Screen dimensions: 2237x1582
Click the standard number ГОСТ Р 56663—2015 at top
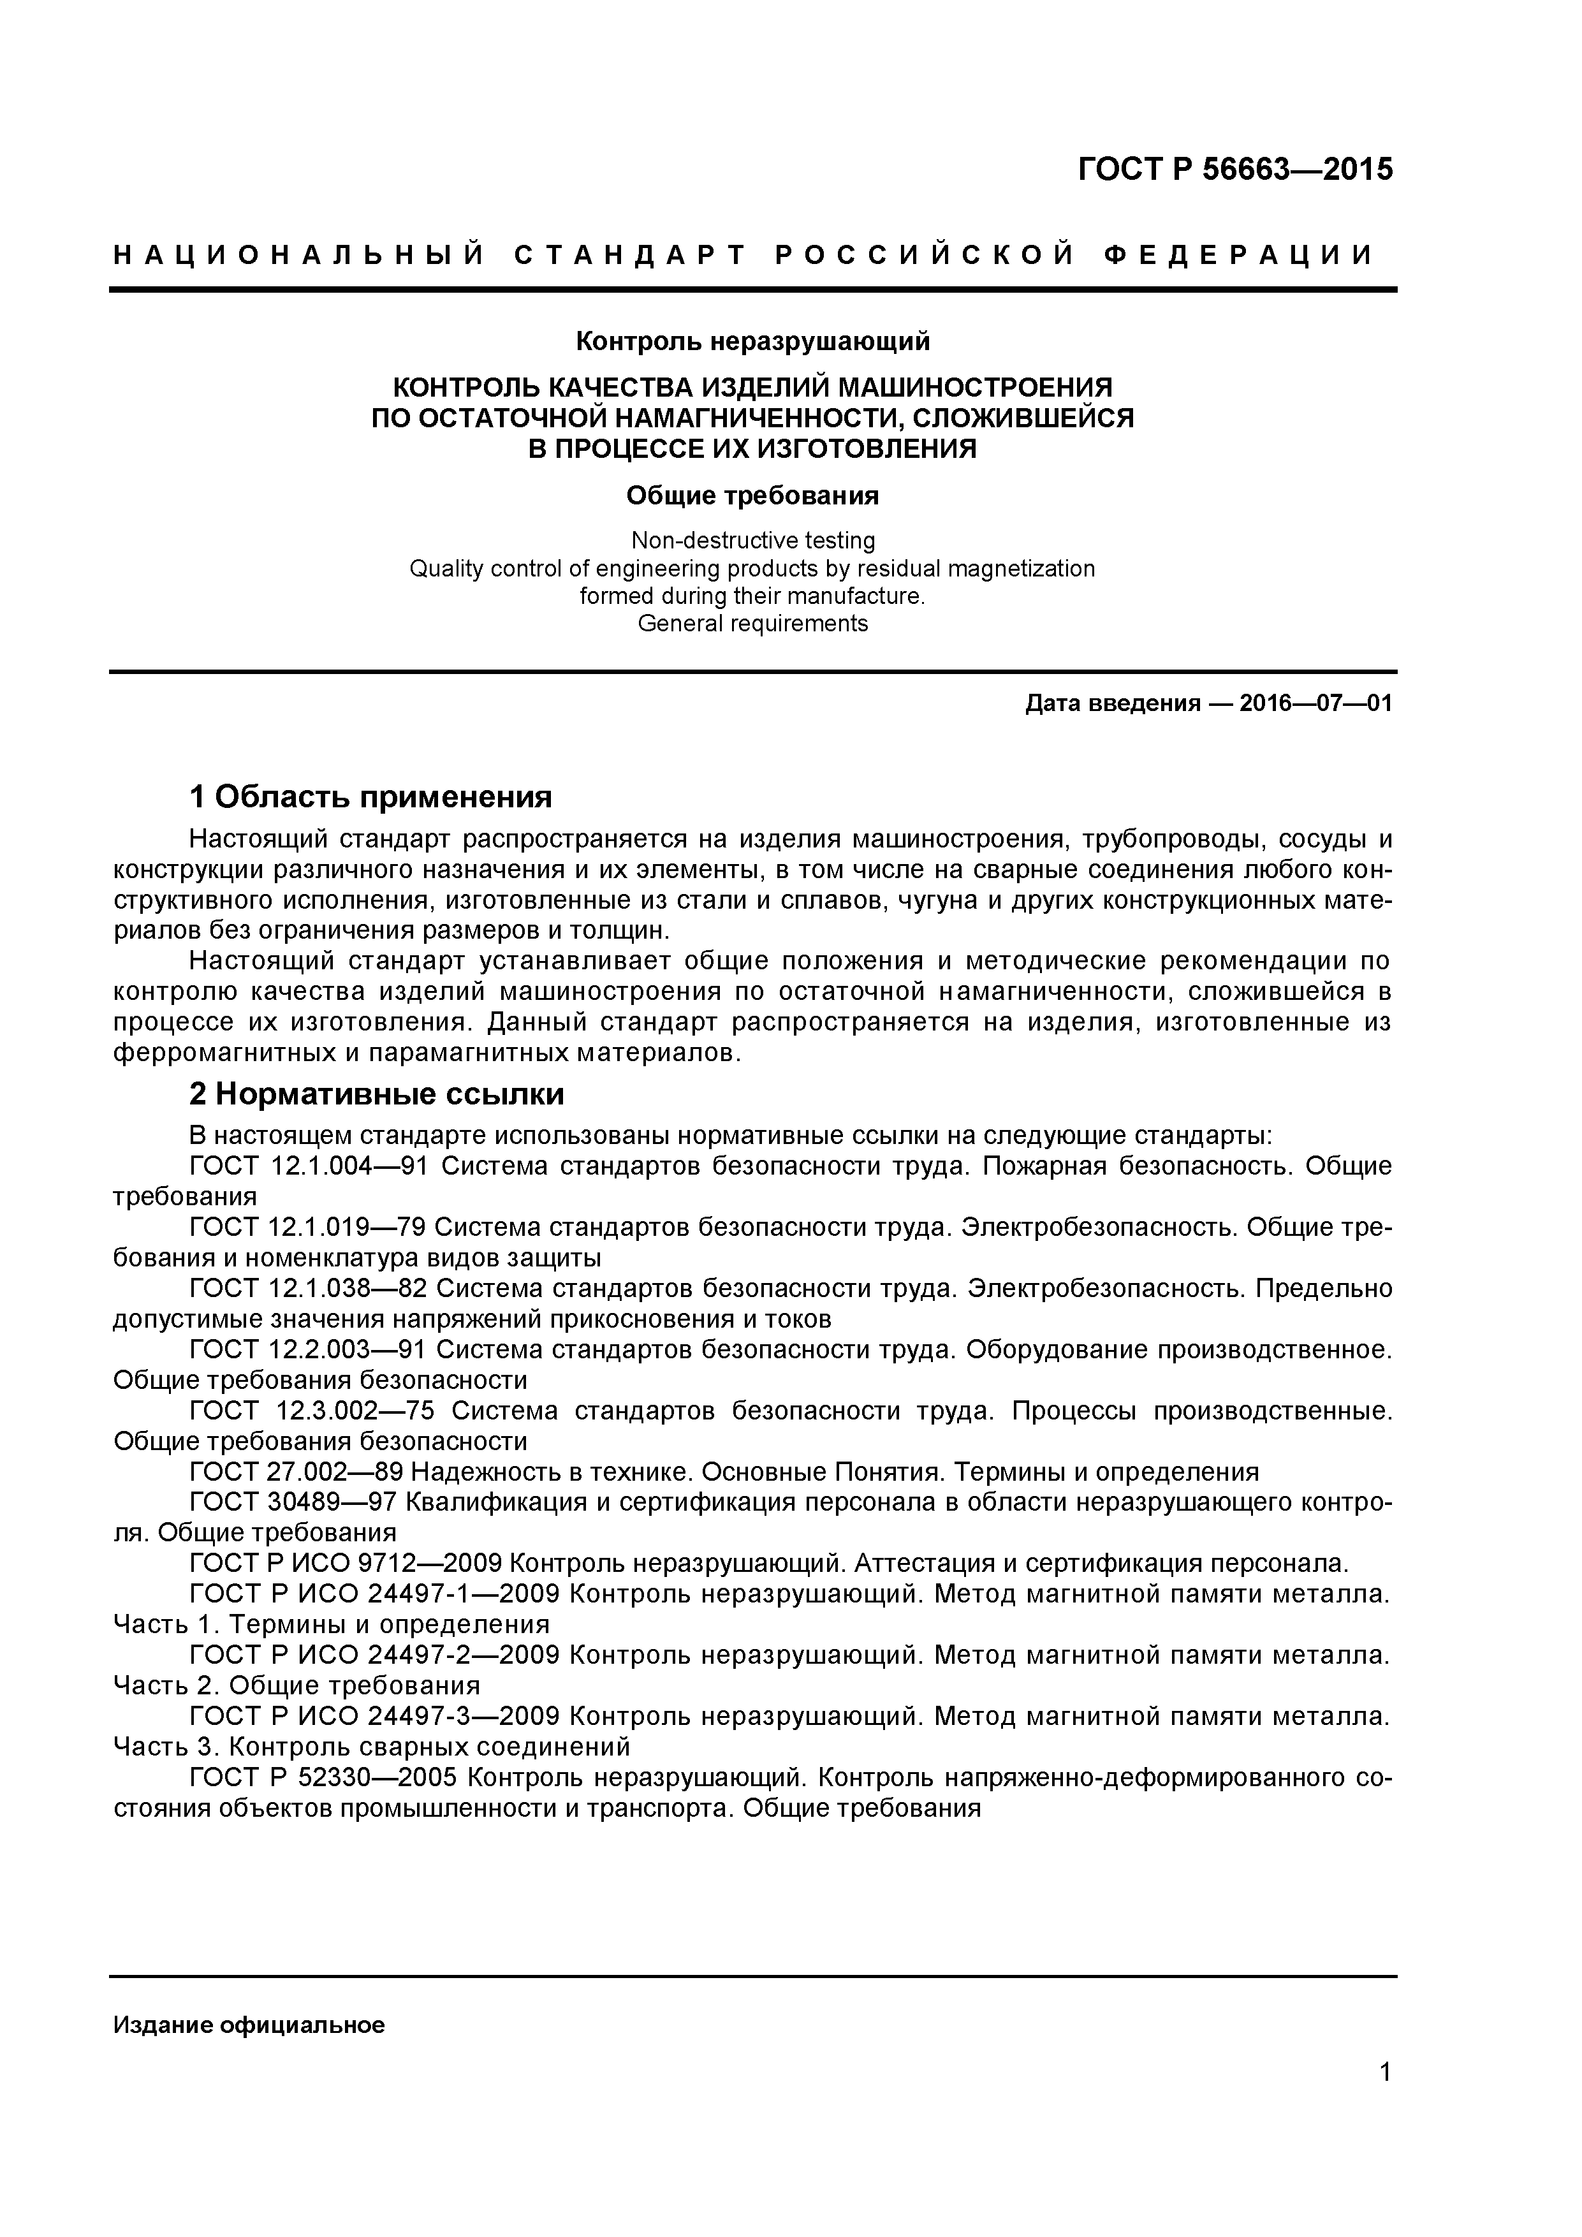tap(1234, 170)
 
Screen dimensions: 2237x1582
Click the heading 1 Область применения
tap(370, 797)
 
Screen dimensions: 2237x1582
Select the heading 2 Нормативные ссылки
tap(376, 1094)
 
